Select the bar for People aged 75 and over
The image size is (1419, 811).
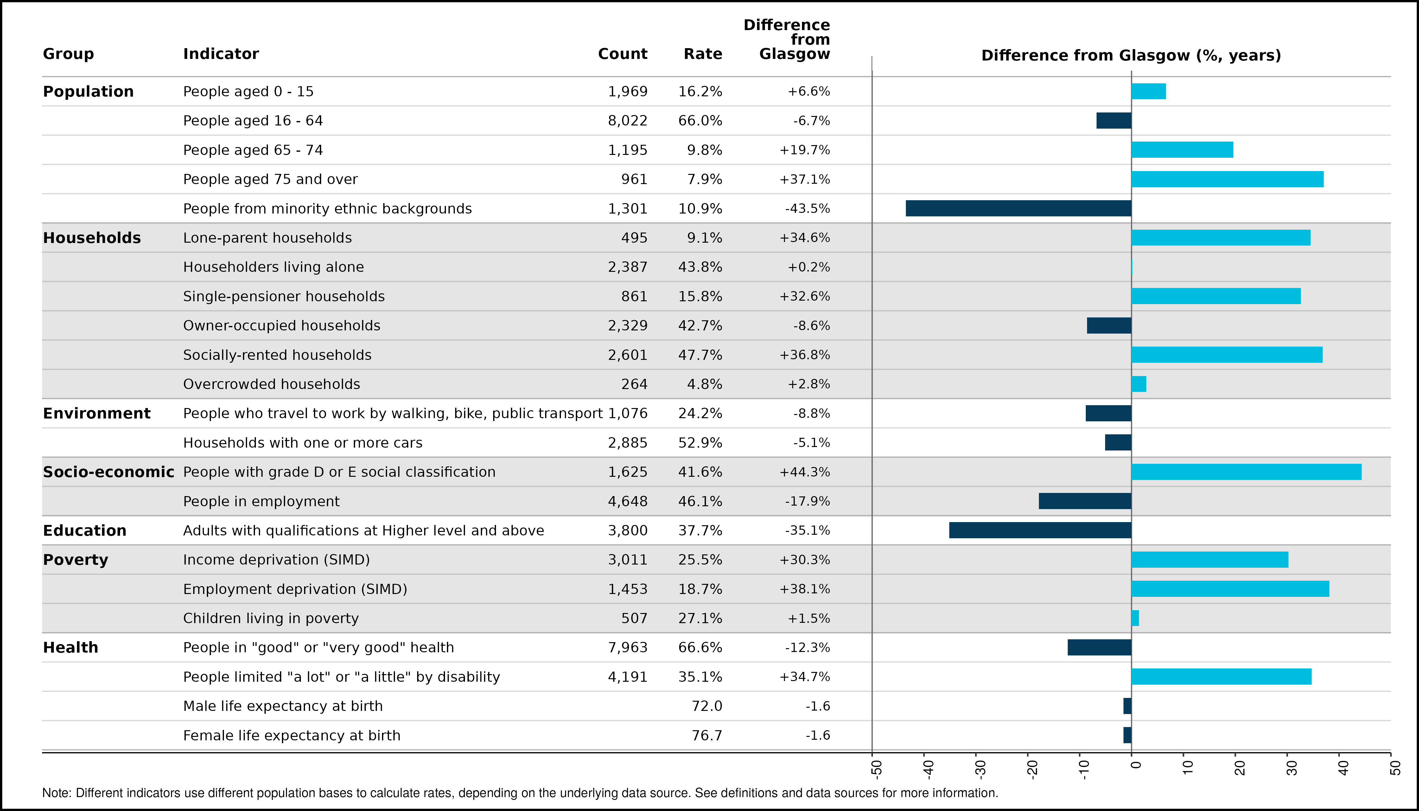click(1227, 179)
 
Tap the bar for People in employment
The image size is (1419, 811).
click(1085, 501)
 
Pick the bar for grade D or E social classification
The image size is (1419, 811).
click(1246, 472)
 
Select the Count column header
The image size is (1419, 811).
click(623, 54)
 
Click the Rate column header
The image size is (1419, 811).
click(703, 54)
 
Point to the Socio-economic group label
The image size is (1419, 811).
click(109, 472)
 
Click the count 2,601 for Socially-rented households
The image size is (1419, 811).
click(628, 355)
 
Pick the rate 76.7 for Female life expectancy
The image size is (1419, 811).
click(707, 735)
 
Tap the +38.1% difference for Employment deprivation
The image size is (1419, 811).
click(805, 589)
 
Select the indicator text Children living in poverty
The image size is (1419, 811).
click(271, 618)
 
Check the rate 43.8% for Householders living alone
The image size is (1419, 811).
click(700, 267)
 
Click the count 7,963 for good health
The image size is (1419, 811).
click(628, 647)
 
